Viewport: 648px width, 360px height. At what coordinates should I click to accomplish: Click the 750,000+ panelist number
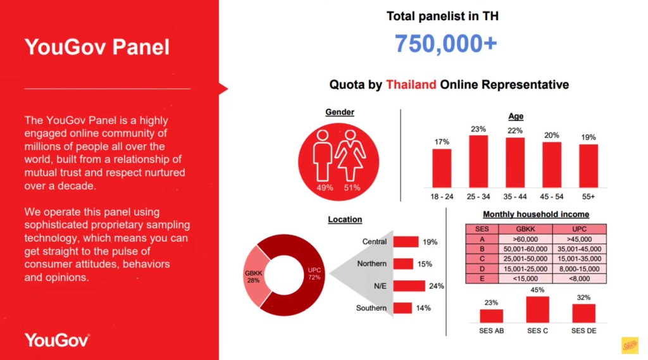(445, 44)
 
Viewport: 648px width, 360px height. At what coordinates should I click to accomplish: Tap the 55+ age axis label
(588, 197)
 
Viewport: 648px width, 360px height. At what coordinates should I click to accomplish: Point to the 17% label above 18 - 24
(442, 142)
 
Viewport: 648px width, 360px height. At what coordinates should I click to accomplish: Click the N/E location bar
(409, 286)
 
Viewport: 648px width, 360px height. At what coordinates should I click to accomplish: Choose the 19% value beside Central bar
(430, 242)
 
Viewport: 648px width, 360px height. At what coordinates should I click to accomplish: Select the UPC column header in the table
(579, 230)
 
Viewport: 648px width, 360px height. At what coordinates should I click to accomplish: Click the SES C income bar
(537, 309)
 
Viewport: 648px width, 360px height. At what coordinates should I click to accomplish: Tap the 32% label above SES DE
(583, 297)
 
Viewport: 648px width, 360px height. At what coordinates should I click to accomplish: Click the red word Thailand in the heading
(411, 85)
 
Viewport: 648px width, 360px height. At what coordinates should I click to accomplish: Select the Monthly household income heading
(535, 214)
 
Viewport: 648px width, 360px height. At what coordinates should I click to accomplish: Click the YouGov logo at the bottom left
(56, 340)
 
